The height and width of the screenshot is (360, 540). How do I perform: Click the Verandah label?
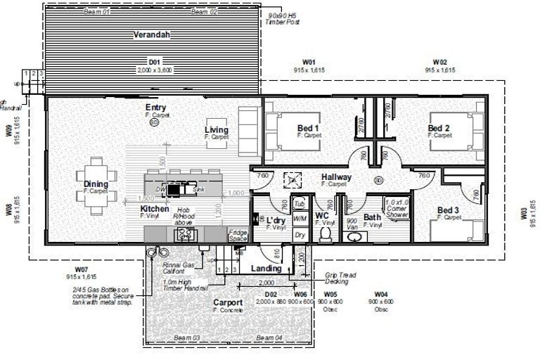[149, 34]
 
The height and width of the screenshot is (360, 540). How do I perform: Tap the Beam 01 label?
[97, 12]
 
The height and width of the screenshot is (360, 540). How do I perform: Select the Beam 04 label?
[269, 338]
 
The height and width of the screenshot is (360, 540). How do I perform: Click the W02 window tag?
[440, 62]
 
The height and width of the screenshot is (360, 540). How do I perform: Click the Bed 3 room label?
[449, 210]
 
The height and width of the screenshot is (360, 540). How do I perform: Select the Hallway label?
[336, 177]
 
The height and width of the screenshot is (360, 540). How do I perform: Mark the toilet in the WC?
[325, 230]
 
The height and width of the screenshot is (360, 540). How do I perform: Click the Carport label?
[229, 303]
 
